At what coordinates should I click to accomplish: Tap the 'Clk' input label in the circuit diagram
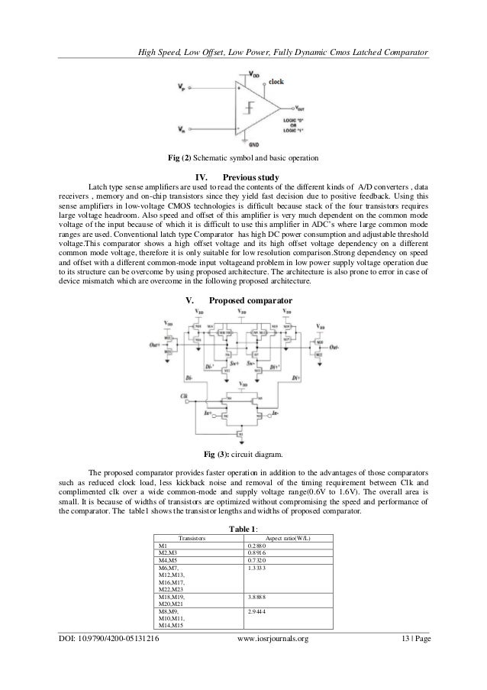coord(184,396)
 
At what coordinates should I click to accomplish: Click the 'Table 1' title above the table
coord(243,528)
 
